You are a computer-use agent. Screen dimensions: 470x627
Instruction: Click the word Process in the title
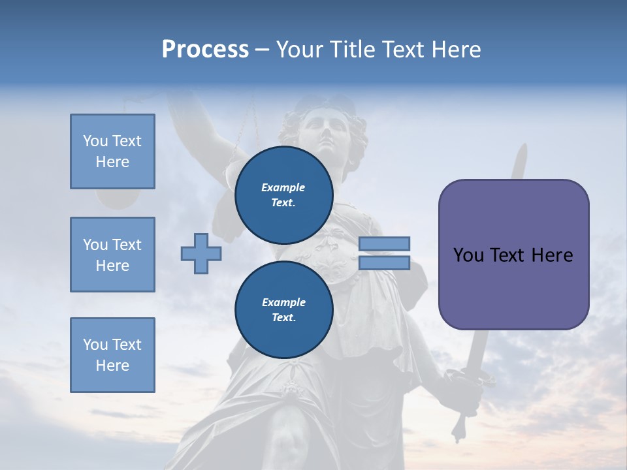(205, 50)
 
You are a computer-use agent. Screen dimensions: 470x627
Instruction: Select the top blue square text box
(112, 151)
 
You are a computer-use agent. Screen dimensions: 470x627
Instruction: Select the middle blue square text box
(112, 255)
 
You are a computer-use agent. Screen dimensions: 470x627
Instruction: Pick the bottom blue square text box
(112, 355)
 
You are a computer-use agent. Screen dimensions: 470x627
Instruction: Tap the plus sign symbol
(201, 253)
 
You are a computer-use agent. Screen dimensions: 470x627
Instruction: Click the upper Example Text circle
(283, 195)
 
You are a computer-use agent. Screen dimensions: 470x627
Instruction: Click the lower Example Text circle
(283, 310)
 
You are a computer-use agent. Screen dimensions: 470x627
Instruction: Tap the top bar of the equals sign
(384, 243)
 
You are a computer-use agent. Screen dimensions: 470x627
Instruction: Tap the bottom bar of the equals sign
(384, 263)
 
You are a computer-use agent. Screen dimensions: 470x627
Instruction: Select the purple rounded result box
(513, 255)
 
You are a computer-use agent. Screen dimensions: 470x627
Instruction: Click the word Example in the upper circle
(283, 187)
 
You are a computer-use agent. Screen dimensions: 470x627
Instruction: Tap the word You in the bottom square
(95, 345)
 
